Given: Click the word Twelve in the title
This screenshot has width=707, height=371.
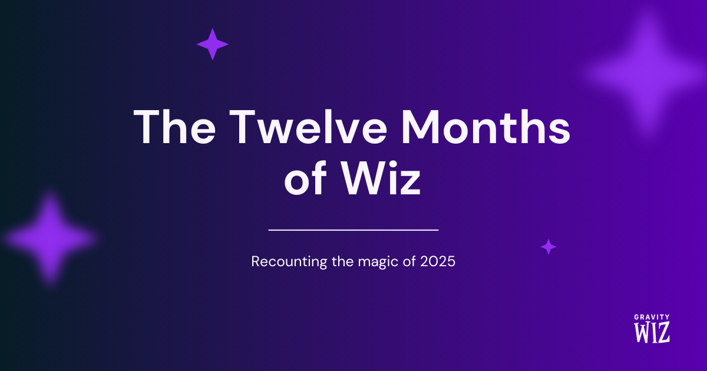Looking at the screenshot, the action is coord(308,127).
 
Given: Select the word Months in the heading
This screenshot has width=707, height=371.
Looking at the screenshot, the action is coord(485,127).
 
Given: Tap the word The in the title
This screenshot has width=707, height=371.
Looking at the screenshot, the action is coord(174,127).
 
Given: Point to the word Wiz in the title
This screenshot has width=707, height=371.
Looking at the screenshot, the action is coord(381,178).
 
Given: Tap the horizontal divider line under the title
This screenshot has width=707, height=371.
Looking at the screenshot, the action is coord(353,230).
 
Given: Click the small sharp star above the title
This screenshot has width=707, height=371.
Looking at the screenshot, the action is coord(213,44).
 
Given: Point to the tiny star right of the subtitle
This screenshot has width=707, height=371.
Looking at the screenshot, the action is coord(549,247).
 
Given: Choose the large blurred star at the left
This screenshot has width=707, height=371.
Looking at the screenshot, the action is coord(49,238).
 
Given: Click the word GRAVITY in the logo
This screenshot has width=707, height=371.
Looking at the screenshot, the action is coord(652,317).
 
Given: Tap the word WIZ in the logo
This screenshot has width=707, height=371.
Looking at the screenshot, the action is coord(652,332).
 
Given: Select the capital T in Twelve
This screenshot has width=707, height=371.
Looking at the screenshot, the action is coord(242,127).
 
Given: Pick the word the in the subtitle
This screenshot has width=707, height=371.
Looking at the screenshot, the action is coord(342,261).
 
